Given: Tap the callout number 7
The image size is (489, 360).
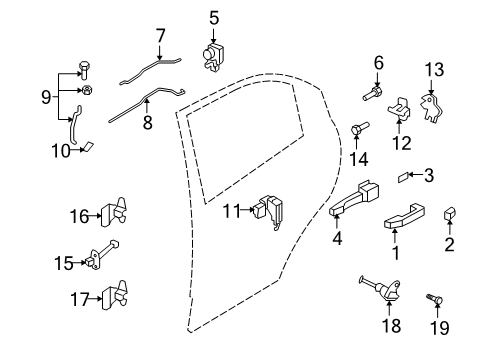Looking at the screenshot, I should pos(161,37).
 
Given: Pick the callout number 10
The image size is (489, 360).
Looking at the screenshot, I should pos(60,151).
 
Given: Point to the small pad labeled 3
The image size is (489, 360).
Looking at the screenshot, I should pos(403,179).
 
